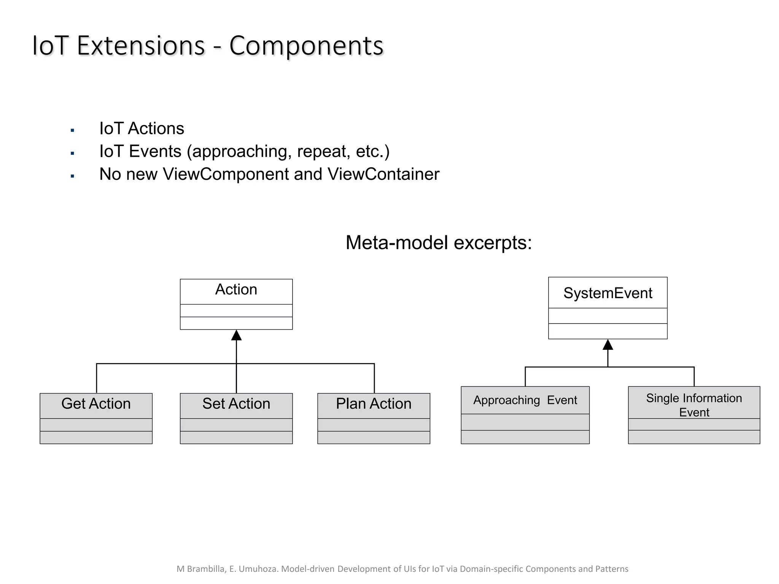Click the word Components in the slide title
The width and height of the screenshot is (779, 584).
click(x=306, y=46)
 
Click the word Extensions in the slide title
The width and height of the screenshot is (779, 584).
click(x=141, y=46)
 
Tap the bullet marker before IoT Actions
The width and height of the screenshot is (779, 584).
click(x=72, y=130)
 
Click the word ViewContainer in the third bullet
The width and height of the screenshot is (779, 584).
click(x=383, y=174)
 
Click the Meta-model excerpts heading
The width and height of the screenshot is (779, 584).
click(x=438, y=243)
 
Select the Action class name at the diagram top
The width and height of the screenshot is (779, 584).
click(x=236, y=290)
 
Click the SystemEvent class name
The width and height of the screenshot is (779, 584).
click(x=607, y=293)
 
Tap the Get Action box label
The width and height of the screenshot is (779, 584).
click(x=96, y=404)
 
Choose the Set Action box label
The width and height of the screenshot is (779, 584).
click(x=236, y=404)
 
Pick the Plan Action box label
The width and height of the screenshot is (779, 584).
click(x=374, y=404)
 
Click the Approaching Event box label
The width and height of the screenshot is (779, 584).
click(x=525, y=400)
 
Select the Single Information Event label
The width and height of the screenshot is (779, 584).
click(x=694, y=405)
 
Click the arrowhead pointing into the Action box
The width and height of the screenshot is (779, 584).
click(x=236, y=335)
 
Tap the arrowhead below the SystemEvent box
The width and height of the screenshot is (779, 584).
click(x=607, y=345)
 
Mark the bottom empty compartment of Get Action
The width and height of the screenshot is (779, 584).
click(x=96, y=437)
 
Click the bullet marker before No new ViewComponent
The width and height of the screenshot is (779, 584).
click(x=72, y=176)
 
